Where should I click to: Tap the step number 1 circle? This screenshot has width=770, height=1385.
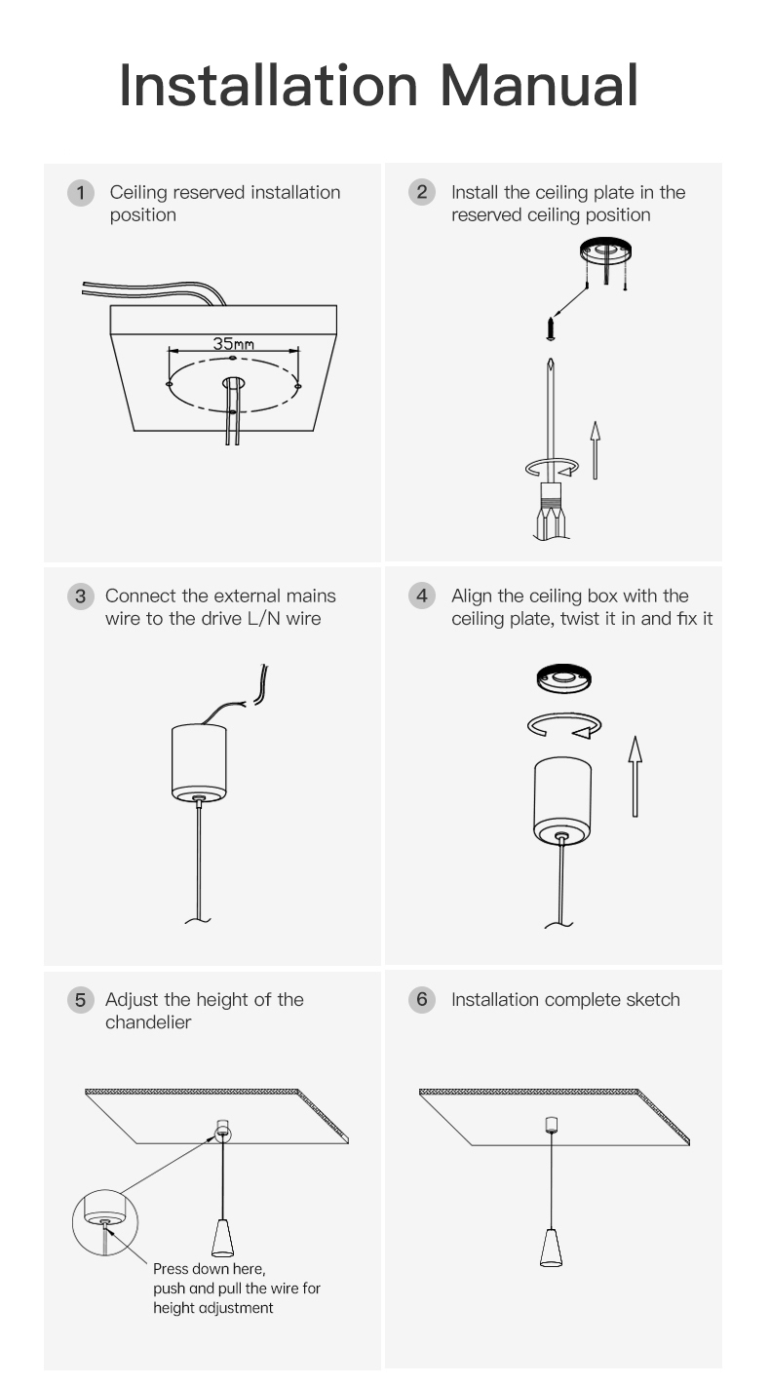pyautogui.click(x=80, y=193)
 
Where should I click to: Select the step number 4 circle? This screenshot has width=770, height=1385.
pyautogui.click(x=422, y=596)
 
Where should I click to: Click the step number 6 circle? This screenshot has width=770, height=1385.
pyautogui.click(x=422, y=999)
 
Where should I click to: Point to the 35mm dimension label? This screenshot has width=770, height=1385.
pyautogui.click(x=233, y=344)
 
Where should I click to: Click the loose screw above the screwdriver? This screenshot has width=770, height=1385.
pyautogui.click(x=551, y=328)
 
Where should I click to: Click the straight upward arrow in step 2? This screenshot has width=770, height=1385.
pyautogui.click(x=595, y=450)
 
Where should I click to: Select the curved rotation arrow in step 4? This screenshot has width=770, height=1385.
pyautogui.click(x=564, y=725)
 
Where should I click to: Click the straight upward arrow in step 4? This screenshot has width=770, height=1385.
pyautogui.click(x=635, y=777)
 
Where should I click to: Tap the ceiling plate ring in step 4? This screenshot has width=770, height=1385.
pyautogui.click(x=563, y=679)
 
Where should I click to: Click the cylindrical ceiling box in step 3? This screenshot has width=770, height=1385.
pyautogui.click(x=199, y=763)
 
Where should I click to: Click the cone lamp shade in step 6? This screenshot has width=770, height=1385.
pyautogui.click(x=551, y=1248)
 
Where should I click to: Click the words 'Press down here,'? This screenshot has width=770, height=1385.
pyautogui.click(x=209, y=1269)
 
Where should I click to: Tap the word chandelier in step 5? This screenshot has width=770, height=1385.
pyautogui.click(x=148, y=1022)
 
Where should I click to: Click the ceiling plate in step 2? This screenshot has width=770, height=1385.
pyautogui.click(x=605, y=251)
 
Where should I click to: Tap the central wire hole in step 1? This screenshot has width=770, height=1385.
pyautogui.click(x=233, y=383)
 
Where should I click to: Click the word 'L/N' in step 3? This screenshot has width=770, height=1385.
pyautogui.click(x=263, y=619)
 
